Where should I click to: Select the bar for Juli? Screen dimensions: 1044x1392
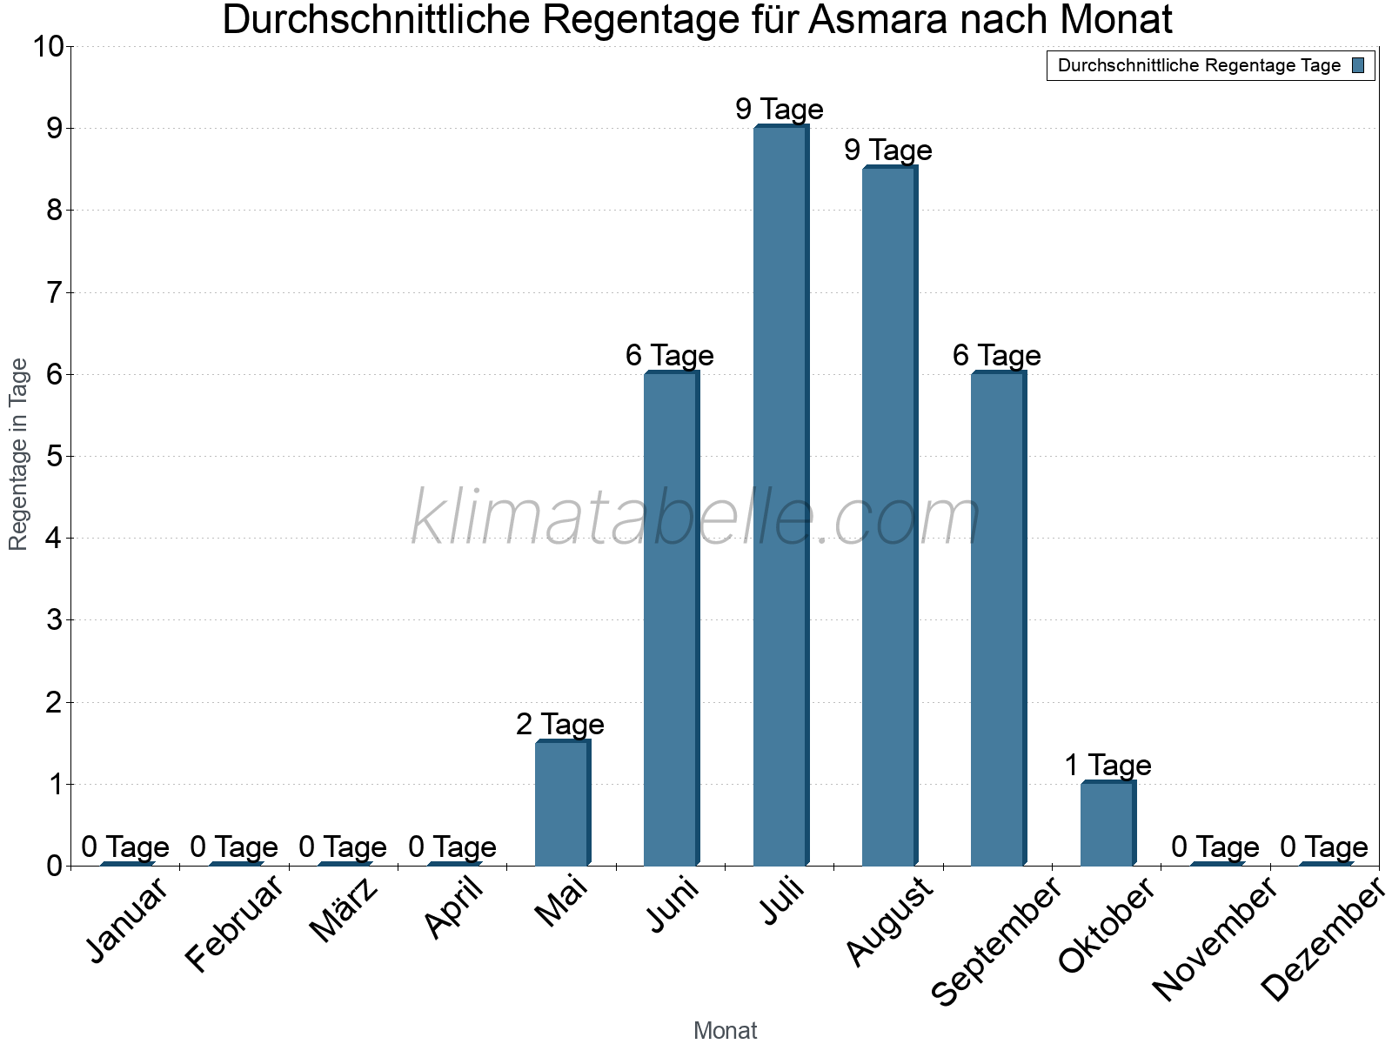tap(780, 496)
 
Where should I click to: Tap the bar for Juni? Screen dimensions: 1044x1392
tap(671, 619)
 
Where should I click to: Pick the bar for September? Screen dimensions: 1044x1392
tap(998, 619)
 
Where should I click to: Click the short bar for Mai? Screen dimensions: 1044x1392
tap(562, 803)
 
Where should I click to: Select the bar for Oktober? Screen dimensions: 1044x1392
tap(1108, 824)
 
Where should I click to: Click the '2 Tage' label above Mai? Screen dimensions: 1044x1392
tap(560, 724)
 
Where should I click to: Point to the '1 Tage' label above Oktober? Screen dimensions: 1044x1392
tap(1108, 765)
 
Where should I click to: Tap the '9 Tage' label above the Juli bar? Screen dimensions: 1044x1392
tap(780, 109)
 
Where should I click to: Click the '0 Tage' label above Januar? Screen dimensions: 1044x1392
tap(125, 847)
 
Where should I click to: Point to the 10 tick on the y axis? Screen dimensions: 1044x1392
tap(49, 47)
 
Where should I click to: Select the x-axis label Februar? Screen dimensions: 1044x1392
tap(233, 924)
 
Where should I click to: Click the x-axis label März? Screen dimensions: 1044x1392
tap(344, 911)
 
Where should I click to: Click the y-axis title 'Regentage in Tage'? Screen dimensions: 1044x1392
tap(18, 454)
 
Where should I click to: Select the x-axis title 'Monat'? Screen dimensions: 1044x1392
tap(725, 1030)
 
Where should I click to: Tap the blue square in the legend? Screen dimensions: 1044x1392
tap(1358, 65)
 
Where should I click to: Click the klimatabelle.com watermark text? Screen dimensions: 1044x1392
tap(696, 518)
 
